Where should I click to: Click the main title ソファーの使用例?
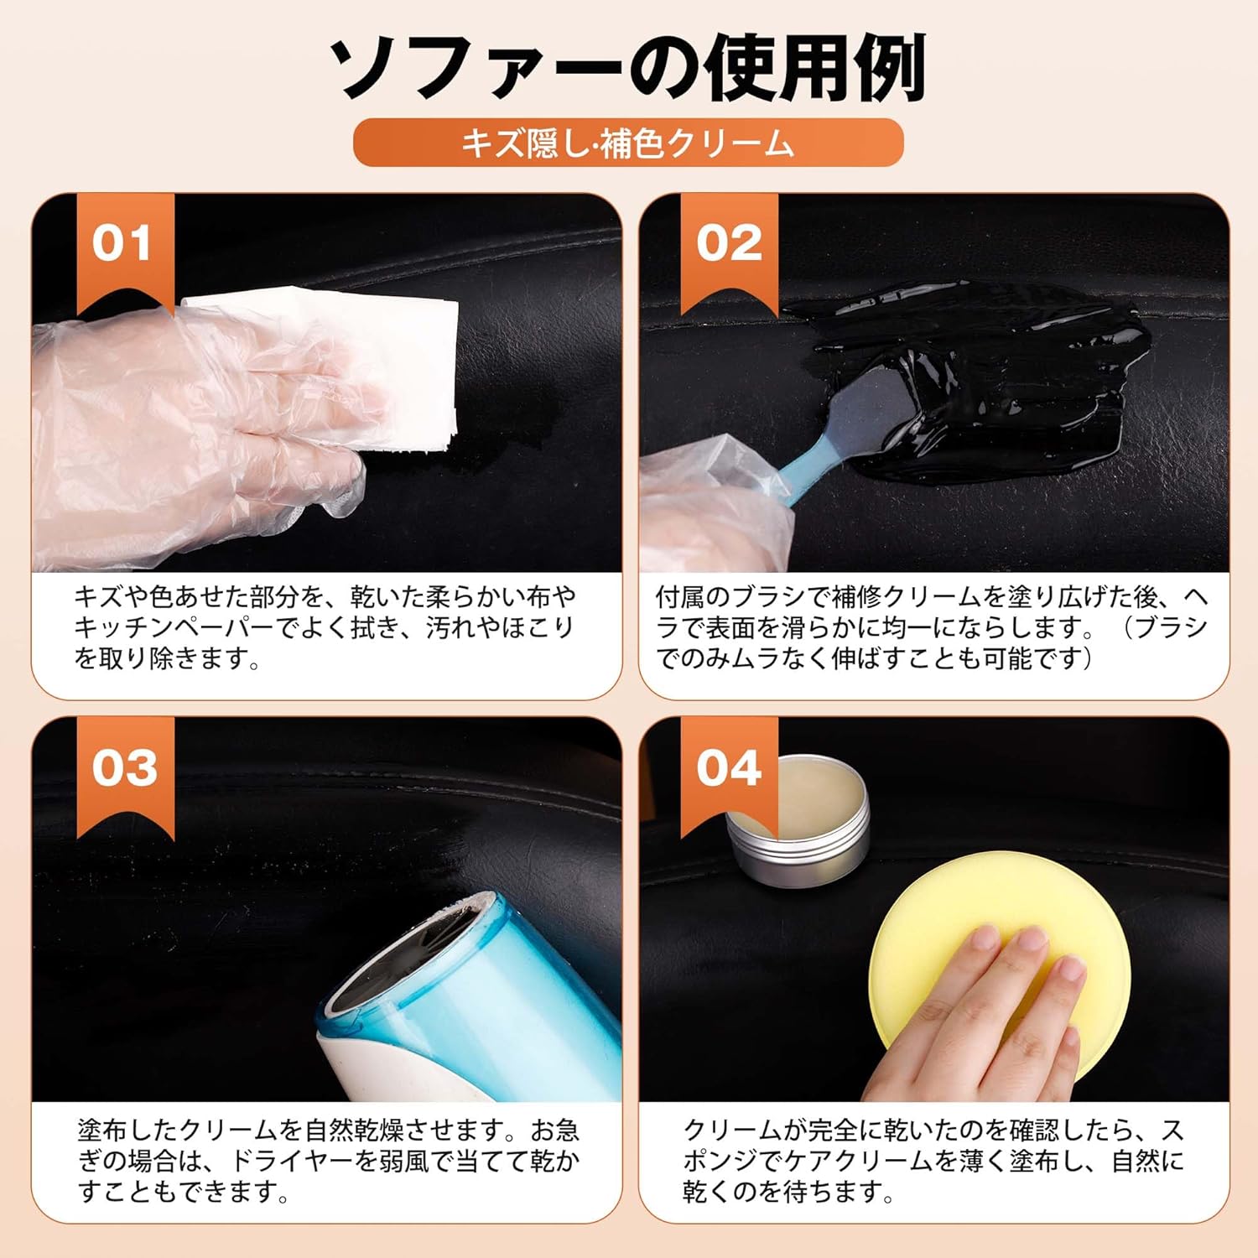[x=627, y=67]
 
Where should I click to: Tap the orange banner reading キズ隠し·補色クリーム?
[x=628, y=143]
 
